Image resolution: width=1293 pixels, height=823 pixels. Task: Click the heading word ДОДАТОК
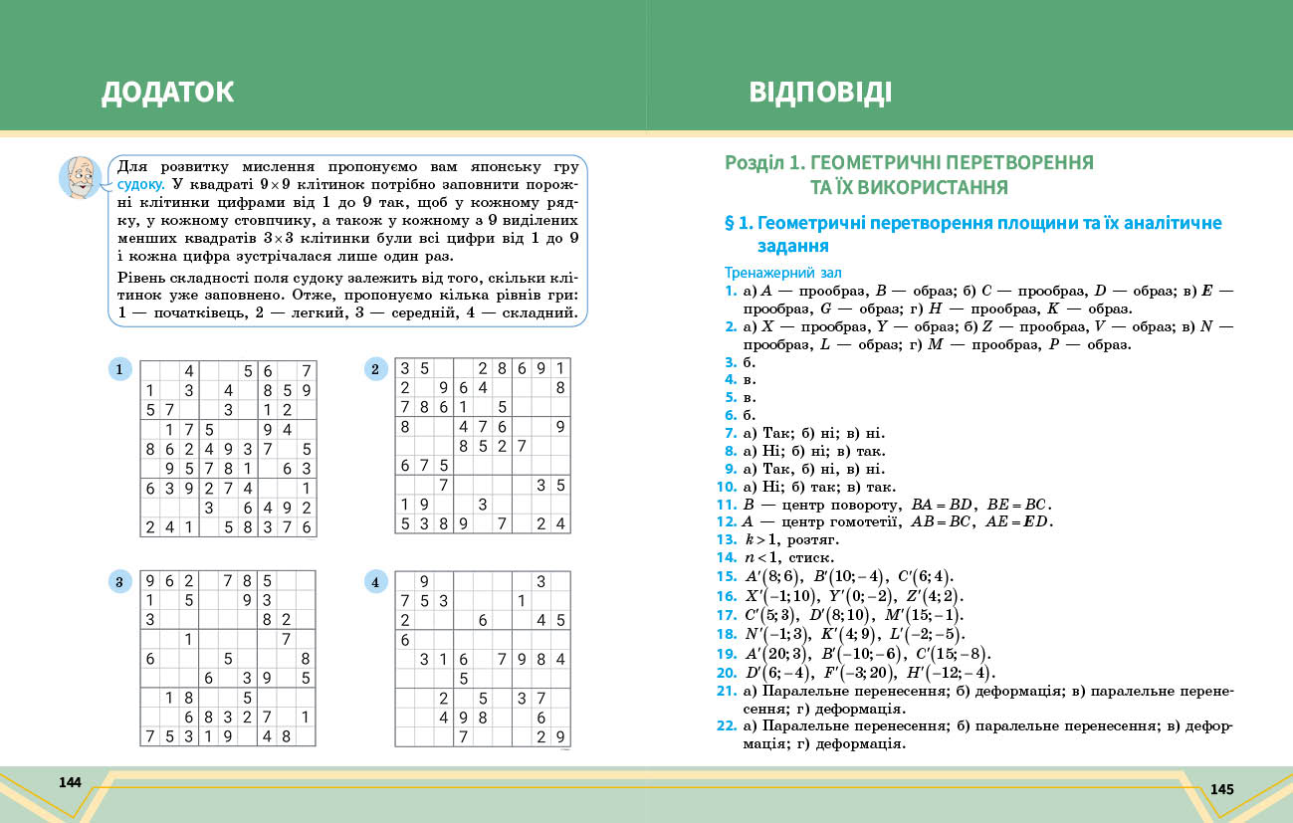167,93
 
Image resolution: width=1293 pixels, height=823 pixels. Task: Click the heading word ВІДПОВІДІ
820,93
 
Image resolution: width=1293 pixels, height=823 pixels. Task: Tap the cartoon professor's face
81,178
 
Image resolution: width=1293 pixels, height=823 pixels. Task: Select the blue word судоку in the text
141,185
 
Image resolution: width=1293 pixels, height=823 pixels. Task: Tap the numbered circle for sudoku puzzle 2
375,370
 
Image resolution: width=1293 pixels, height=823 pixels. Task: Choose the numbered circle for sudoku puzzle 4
375,582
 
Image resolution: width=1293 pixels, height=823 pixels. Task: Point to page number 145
1222,789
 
